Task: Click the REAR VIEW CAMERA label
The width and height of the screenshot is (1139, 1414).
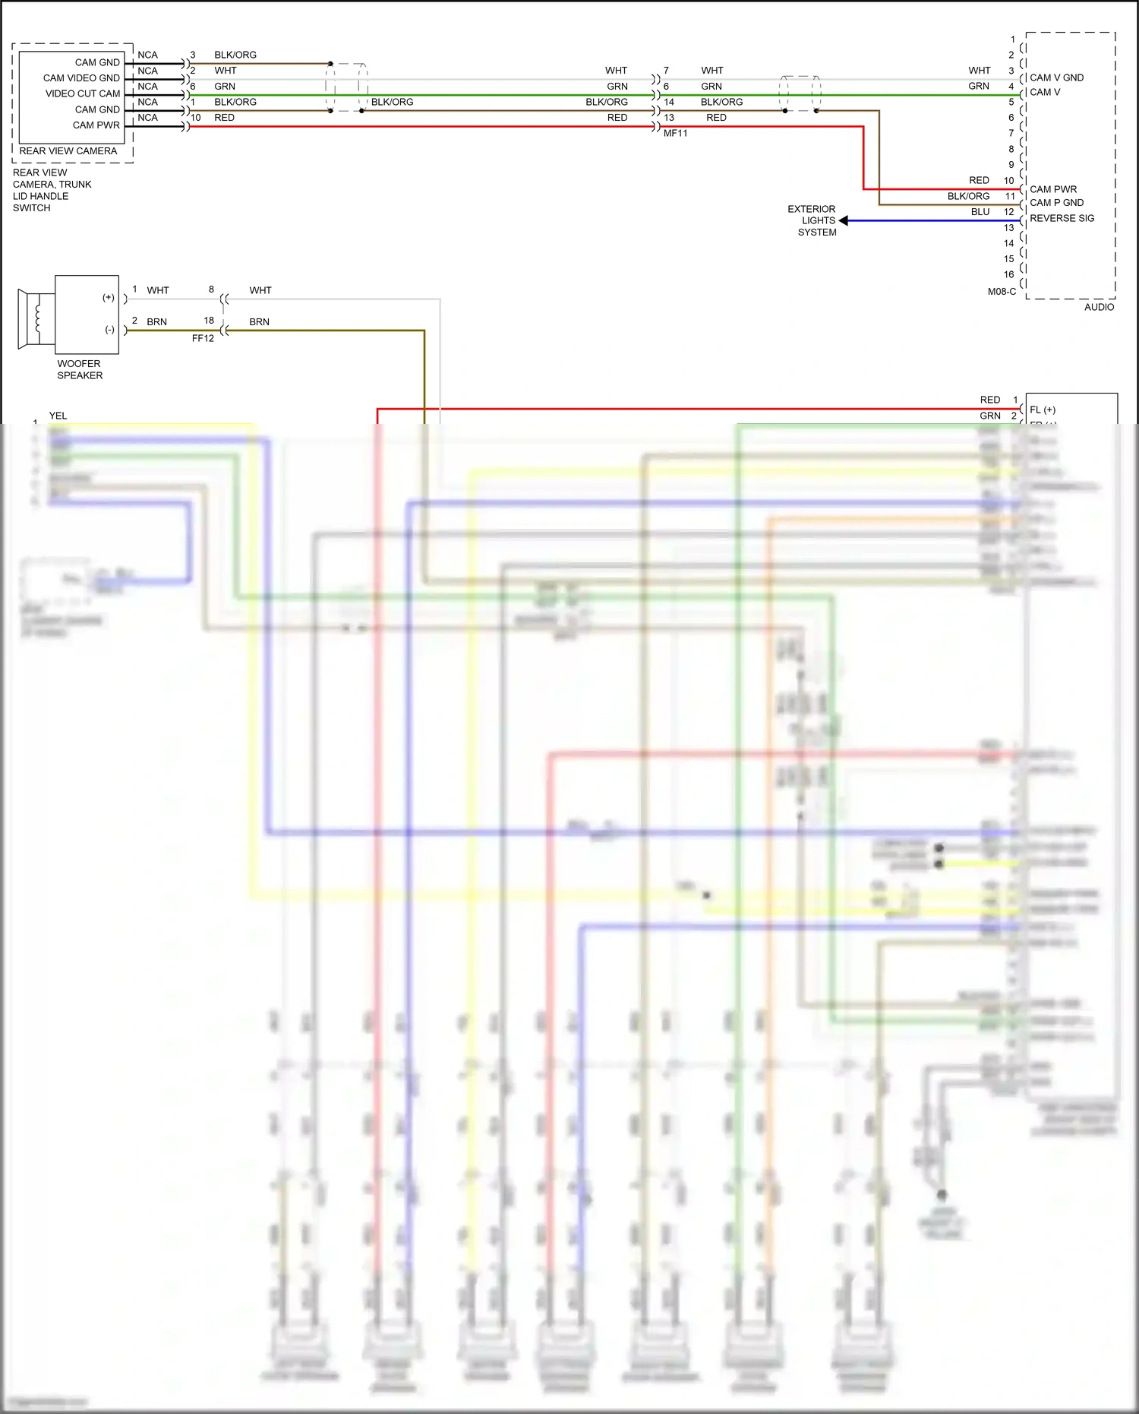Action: pos(68,151)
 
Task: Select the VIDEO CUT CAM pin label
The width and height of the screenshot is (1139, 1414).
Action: pos(83,93)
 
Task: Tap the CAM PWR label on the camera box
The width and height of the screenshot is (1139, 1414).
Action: pos(96,125)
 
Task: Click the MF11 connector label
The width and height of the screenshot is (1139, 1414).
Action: pos(675,134)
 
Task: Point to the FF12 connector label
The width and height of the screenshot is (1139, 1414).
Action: pos(203,339)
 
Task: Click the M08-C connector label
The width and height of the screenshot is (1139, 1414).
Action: pos(1002,292)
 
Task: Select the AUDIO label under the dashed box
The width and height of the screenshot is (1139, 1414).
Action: pos(1099,307)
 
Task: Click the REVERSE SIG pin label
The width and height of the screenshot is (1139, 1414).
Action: pos(1062,218)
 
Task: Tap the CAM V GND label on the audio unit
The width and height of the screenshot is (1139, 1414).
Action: pos(1056,78)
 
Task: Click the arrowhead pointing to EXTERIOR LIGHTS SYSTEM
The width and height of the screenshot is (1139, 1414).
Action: pos(844,220)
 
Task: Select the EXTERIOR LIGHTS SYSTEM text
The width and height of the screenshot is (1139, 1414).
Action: pos(812,220)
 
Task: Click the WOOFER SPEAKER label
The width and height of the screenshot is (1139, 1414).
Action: pos(79,369)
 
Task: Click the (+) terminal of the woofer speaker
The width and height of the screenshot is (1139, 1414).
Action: pos(109,298)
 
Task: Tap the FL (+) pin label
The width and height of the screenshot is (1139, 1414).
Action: pos(1043,410)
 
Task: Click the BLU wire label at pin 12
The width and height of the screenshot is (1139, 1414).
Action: pos(980,212)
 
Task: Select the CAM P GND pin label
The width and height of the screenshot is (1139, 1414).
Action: pos(1056,203)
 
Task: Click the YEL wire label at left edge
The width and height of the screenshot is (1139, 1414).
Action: pos(58,416)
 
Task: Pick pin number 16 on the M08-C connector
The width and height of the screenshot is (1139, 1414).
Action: pos(1008,274)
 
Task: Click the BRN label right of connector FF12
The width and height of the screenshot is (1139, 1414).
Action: pos(259,322)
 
